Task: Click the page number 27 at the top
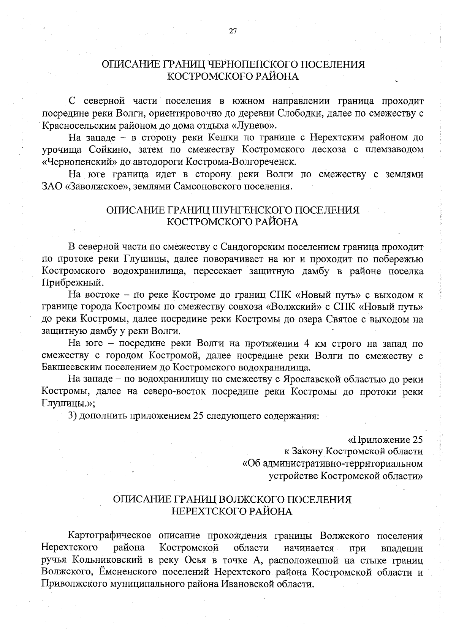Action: coord(233,32)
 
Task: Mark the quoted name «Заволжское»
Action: coord(98,186)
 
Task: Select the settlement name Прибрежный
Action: coord(71,282)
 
